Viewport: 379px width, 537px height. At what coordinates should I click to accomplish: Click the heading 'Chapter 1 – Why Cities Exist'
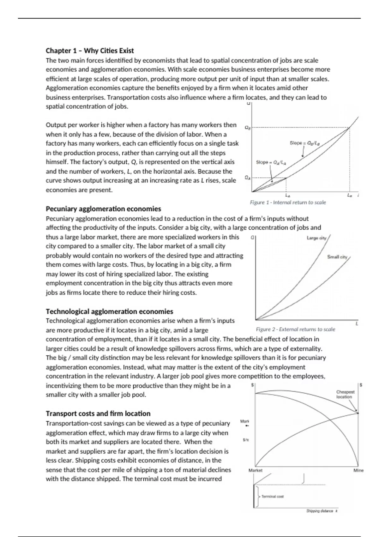click(90, 51)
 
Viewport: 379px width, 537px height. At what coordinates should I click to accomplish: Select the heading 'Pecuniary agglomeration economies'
click(103, 209)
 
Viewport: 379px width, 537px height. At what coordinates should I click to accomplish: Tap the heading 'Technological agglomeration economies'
click(109, 311)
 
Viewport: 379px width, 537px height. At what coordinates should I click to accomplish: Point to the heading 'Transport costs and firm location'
click(98, 413)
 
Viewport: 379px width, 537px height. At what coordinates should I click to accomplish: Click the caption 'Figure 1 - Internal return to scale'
click(288, 202)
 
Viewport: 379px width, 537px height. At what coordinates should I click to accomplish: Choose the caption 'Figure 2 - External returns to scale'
click(295, 329)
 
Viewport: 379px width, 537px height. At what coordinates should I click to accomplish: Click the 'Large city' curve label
click(316, 238)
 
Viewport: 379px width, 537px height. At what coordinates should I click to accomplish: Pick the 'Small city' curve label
click(337, 257)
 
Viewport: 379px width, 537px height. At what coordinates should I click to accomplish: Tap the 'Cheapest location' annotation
click(345, 394)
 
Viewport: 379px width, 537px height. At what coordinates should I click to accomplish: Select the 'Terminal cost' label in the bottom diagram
click(272, 497)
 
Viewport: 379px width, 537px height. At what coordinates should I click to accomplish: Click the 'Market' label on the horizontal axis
click(255, 470)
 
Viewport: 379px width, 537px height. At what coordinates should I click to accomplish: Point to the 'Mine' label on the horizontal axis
click(358, 470)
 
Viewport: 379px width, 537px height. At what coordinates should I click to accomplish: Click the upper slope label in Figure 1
click(305, 143)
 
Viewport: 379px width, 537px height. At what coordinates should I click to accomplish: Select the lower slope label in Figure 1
click(271, 162)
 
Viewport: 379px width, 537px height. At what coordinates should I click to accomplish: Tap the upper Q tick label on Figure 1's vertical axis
click(248, 128)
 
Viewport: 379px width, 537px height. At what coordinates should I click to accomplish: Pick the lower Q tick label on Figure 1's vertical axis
click(248, 178)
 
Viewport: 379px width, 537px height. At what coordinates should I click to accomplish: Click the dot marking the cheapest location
click(358, 413)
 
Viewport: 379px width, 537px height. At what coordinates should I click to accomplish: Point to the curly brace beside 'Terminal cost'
click(258, 497)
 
